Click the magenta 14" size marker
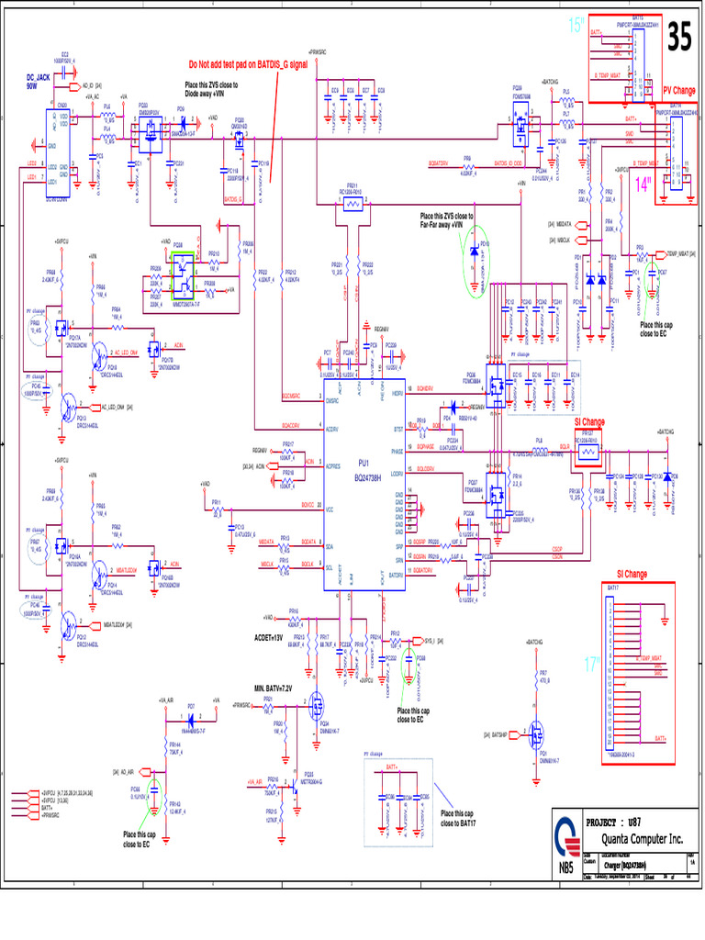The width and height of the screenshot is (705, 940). click(x=640, y=184)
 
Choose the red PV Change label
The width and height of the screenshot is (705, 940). click(x=679, y=91)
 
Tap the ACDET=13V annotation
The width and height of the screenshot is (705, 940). click(x=273, y=637)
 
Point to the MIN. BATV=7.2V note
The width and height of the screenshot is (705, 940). click(x=273, y=688)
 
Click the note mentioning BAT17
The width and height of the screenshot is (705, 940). click(x=456, y=818)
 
